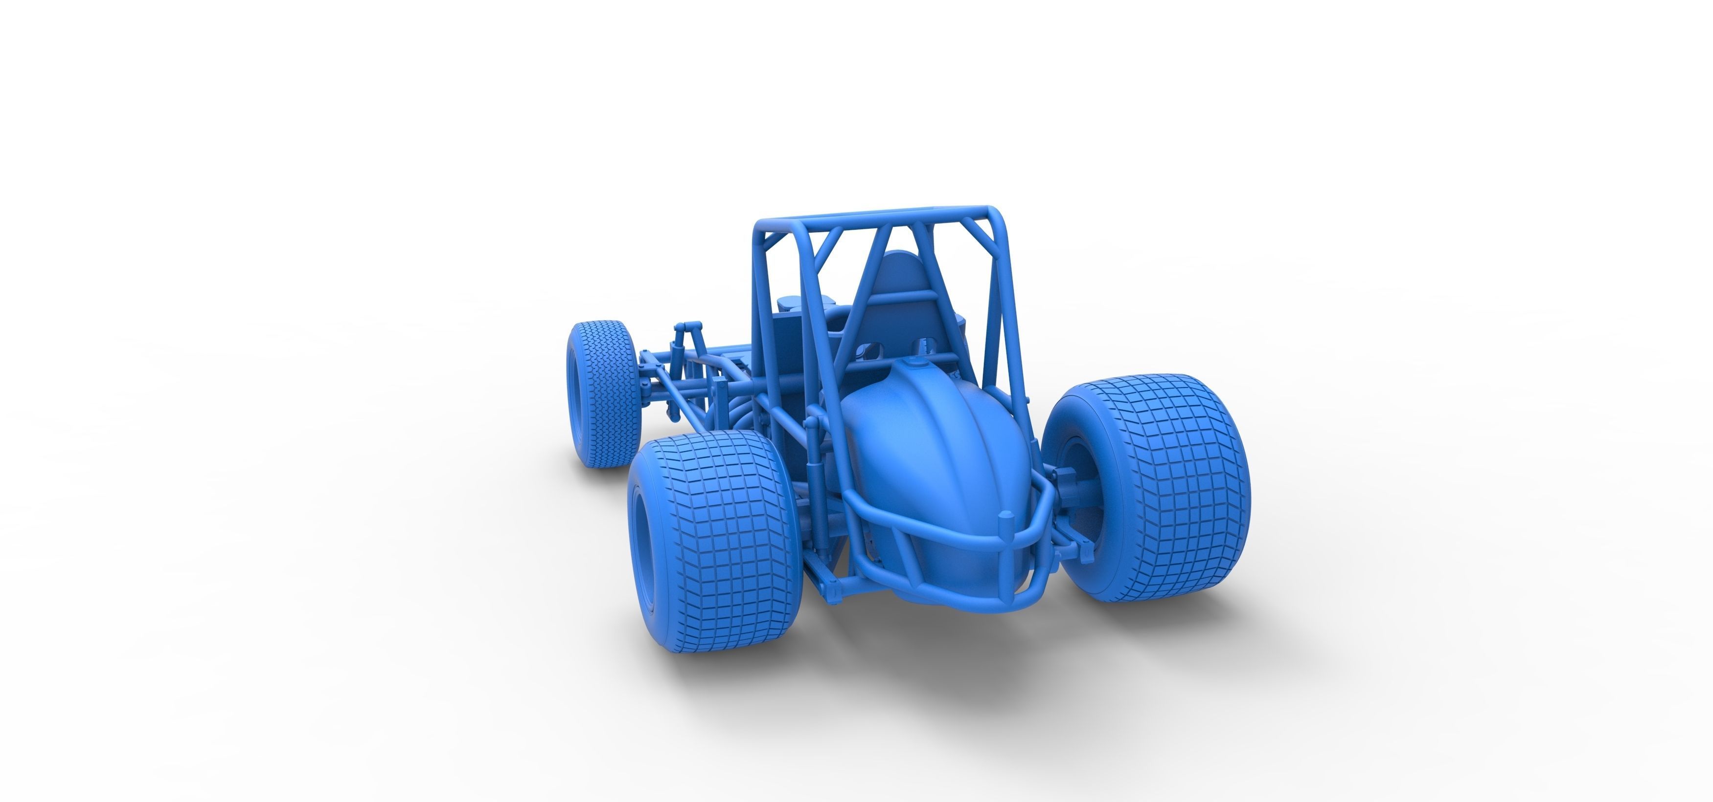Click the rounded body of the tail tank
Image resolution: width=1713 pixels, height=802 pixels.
931,452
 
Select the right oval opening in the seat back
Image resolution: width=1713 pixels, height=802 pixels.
923,346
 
